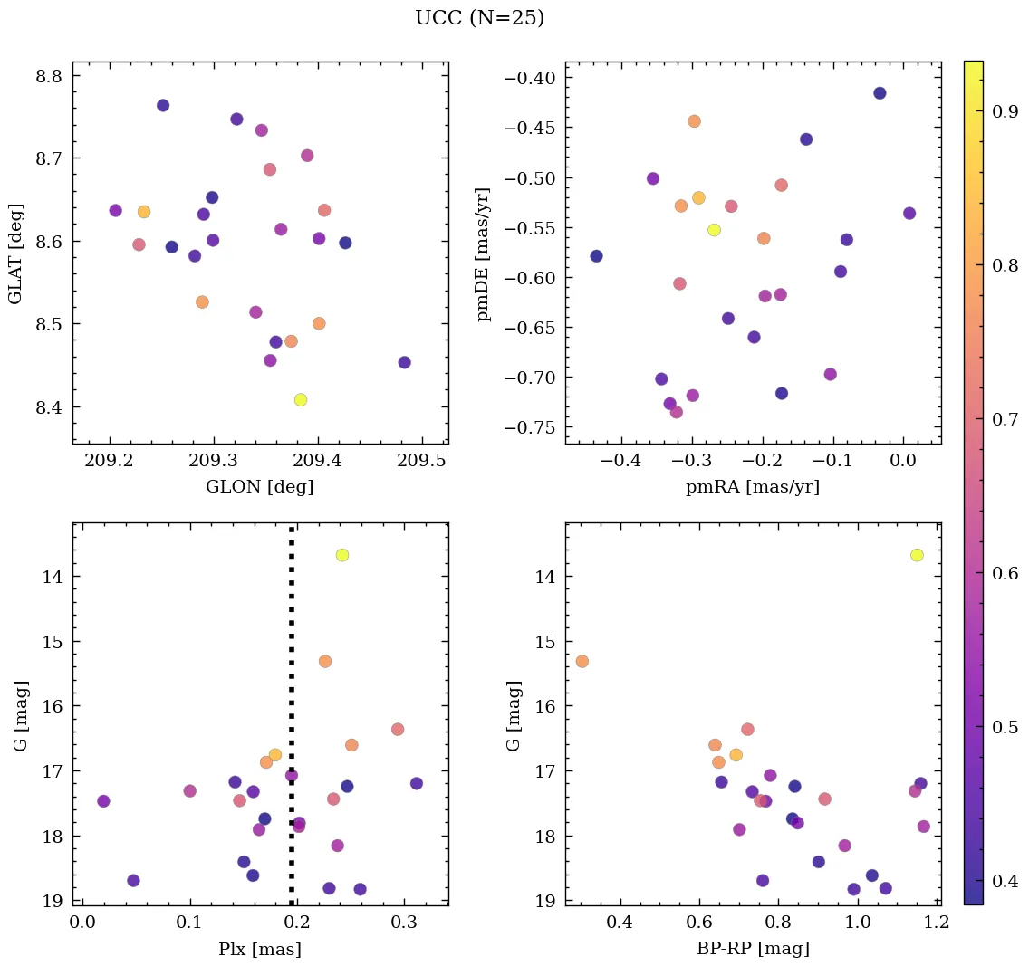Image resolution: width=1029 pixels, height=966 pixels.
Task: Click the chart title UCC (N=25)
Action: (x=479, y=18)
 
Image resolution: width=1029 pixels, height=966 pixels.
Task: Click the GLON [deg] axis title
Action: (x=260, y=487)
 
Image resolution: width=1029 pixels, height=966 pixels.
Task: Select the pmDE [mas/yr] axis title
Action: (x=484, y=253)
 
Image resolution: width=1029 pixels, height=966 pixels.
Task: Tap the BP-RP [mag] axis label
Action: (x=753, y=949)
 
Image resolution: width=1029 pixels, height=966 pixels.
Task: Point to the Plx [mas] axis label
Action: (x=260, y=949)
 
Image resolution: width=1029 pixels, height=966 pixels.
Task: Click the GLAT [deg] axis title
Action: (x=15, y=253)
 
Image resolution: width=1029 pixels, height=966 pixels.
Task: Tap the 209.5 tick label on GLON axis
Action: (x=438, y=461)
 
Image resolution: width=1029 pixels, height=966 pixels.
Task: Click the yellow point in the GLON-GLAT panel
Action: (x=301, y=400)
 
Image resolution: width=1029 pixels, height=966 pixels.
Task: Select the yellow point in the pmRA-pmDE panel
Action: (x=714, y=230)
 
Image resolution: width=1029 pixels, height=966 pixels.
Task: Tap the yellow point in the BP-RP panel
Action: (x=917, y=555)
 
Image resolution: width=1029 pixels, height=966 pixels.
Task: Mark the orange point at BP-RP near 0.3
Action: (x=582, y=661)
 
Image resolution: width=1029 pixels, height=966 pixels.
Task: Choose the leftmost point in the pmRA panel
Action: (x=596, y=256)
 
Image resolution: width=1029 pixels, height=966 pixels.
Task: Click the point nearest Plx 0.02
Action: (x=103, y=801)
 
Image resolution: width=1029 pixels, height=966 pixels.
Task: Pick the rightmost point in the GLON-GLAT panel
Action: (x=404, y=362)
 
